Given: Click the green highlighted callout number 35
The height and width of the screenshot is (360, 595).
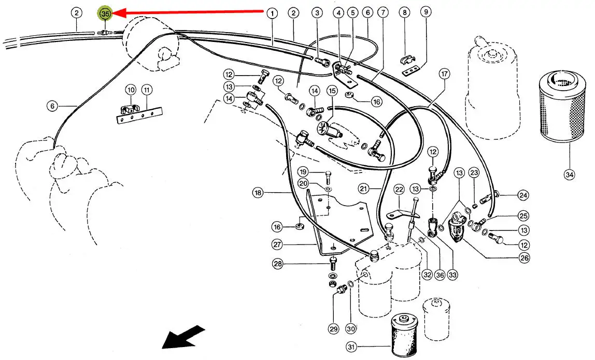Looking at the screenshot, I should click(106, 14).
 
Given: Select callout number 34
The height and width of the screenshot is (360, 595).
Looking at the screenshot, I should click(569, 175).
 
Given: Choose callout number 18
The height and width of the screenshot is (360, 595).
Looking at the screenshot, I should click(258, 193).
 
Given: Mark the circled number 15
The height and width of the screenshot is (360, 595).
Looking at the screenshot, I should click(332, 91).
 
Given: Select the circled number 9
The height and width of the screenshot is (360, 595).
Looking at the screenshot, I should click(425, 12).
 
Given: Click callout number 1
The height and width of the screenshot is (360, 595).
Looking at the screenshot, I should click(272, 13).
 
